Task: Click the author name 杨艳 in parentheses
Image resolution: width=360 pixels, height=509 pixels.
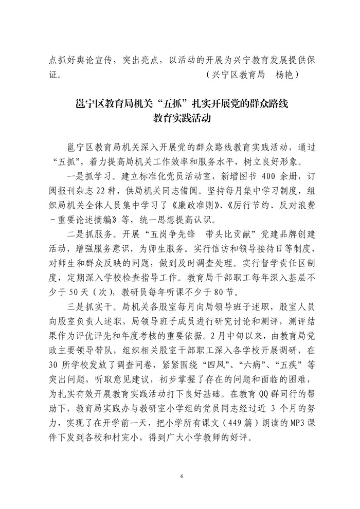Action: tap(286, 75)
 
